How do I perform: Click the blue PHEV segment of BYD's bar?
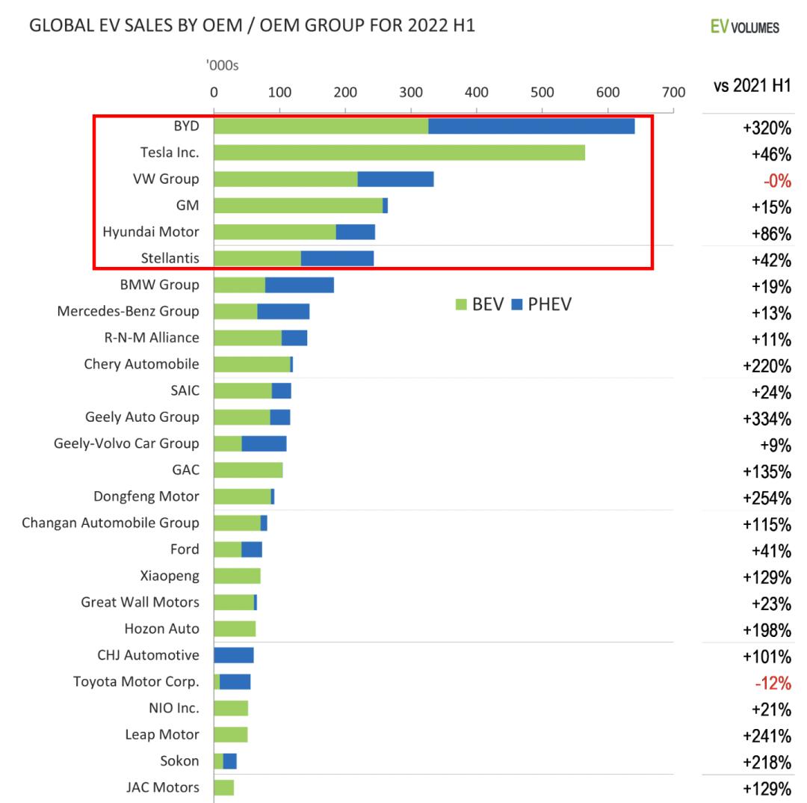tap(531, 126)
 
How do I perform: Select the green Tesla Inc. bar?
tap(399, 153)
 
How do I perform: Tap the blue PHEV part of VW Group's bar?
tap(395, 179)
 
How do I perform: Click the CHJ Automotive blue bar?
tap(234, 656)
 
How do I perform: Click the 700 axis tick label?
tap(673, 93)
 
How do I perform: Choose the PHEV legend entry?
tap(541, 305)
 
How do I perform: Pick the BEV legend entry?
tap(479, 305)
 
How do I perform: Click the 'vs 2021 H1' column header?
tap(752, 86)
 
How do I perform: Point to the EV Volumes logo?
tap(746, 28)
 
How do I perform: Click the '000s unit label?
tap(222, 67)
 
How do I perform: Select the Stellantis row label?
tap(170, 259)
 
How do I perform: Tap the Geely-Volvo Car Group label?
tap(126, 443)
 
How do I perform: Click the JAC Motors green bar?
tap(223, 787)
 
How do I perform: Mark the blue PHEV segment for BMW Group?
tap(299, 285)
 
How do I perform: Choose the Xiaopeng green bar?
tap(237, 576)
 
